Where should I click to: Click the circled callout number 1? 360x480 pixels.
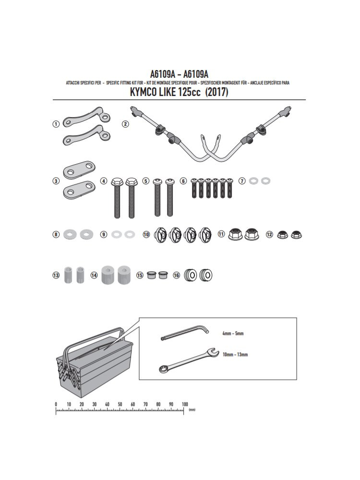(56, 124)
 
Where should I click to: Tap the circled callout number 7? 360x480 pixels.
(242, 181)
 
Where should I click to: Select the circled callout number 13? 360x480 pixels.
(56, 275)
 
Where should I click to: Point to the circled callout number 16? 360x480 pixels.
(176, 275)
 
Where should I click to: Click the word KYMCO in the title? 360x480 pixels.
(143, 92)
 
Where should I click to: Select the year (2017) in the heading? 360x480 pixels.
(216, 92)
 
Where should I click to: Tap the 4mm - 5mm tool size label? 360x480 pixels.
(233, 334)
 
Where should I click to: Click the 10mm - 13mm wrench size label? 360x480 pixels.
(235, 355)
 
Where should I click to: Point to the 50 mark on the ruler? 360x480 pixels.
(120, 404)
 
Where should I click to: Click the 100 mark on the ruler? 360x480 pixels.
(185, 404)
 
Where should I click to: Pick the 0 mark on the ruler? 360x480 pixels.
(56, 404)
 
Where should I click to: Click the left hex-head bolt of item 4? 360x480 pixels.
(117, 197)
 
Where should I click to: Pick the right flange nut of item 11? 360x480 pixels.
(252, 234)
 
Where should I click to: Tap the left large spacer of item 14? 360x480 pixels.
(108, 275)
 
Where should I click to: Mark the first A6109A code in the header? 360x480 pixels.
(162, 74)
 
